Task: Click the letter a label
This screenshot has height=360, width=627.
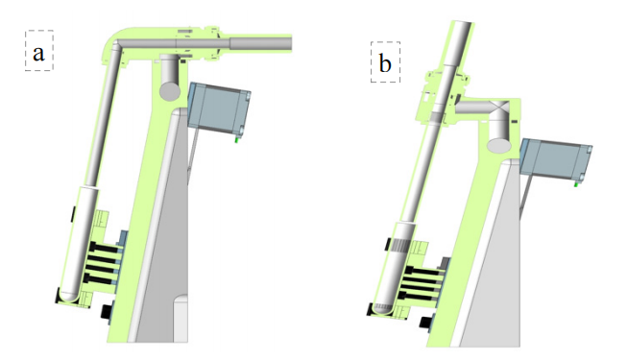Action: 38,54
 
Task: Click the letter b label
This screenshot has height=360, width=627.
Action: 385,64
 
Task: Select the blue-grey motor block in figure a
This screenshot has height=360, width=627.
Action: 219,108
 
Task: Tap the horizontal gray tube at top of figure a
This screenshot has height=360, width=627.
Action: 259,41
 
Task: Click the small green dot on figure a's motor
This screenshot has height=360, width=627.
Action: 236,138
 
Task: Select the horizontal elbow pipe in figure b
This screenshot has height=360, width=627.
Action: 480,108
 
